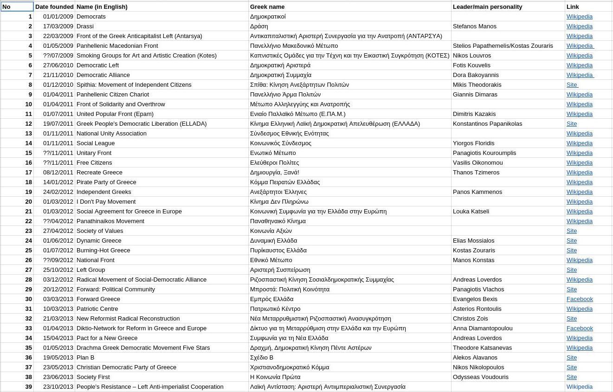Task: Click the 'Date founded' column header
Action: tap(54, 7)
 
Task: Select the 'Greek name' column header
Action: tap(267, 7)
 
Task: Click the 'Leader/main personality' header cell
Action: tap(487, 7)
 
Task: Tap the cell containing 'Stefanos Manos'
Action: tap(475, 26)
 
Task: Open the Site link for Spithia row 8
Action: tap(572, 85)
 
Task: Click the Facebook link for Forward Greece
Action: tap(580, 299)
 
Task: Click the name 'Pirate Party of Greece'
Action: tap(106, 182)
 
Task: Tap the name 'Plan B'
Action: tap(85, 358)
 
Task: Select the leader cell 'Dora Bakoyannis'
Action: tap(476, 75)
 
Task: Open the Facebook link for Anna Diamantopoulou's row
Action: tap(580, 328)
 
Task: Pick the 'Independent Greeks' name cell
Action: tap(104, 192)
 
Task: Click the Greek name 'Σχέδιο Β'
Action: tap(262, 358)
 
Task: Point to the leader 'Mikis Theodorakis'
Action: tap(478, 85)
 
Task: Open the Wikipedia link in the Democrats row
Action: tap(579, 17)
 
